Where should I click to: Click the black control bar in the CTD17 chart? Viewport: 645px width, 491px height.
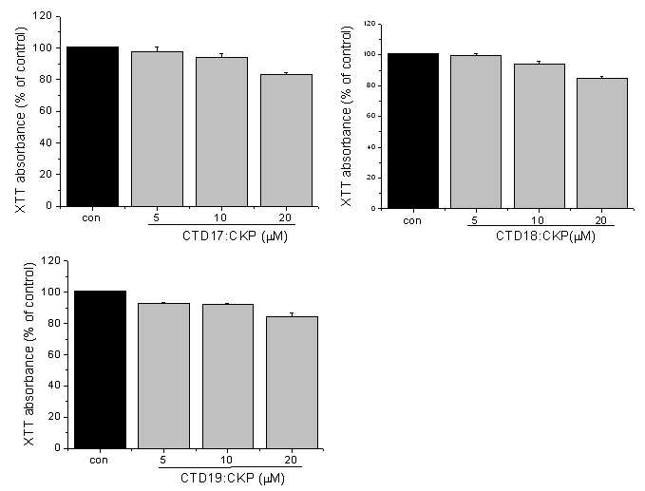coord(92,126)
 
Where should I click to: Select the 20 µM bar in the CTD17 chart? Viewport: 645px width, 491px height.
coord(286,141)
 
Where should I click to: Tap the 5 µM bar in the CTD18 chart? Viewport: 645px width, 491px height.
coord(476,132)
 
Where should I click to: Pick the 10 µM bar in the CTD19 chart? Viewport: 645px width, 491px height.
coord(228,376)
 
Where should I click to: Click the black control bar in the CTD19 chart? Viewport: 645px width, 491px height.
coord(100,369)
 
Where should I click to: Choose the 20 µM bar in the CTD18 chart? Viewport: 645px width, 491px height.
coord(602,143)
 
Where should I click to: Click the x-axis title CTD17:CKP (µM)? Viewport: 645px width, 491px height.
coord(235,236)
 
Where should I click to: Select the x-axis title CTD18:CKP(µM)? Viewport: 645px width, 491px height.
coord(545,236)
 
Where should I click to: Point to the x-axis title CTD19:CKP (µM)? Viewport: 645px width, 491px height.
coord(233,479)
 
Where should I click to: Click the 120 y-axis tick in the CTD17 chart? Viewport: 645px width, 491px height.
coord(43,16)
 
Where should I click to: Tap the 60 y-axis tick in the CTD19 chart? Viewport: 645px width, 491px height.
coord(54,354)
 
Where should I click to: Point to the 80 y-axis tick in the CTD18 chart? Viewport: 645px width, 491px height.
coord(370,85)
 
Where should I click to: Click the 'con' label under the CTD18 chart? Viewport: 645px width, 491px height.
coord(412,221)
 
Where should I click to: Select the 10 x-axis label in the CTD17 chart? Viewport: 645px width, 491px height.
coord(220,217)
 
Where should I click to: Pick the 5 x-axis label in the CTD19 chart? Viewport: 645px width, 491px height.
coord(162,460)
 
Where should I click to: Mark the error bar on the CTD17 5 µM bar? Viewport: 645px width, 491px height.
coord(157,49)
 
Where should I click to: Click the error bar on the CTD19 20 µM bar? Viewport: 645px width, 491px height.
coord(292,314)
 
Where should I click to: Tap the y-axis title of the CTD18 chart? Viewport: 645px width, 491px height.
coord(347,117)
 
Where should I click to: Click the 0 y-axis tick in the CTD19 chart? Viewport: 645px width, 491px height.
coord(57,448)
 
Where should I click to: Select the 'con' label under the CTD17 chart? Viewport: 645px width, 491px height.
coord(91,217)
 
